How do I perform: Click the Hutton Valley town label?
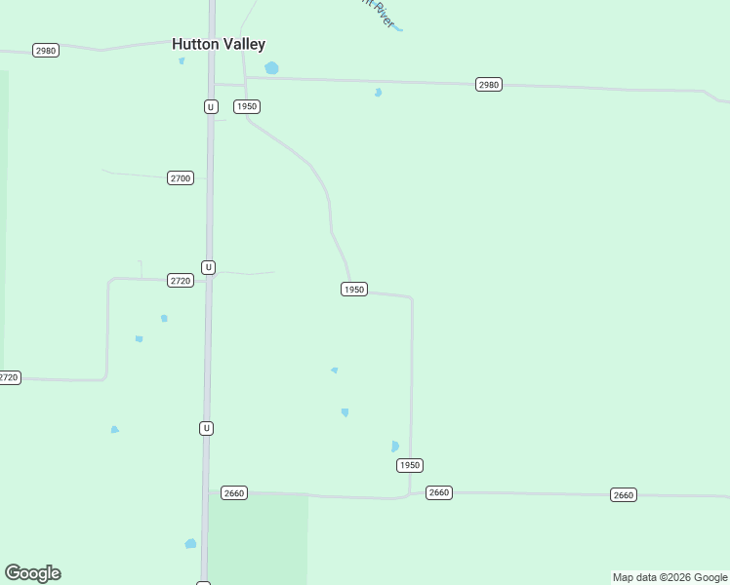(x=219, y=44)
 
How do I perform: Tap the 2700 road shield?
(x=181, y=178)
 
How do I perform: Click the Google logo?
(x=32, y=573)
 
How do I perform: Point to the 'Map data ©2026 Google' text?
(x=669, y=577)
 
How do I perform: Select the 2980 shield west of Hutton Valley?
(x=45, y=50)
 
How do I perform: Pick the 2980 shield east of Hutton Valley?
(x=489, y=85)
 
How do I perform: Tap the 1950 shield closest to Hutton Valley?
(x=247, y=106)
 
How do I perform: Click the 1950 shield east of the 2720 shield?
(x=354, y=290)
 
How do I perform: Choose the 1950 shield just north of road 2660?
(x=410, y=465)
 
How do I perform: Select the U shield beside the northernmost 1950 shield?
(x=211, y=106)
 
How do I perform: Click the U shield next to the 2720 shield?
(x=208, y=267)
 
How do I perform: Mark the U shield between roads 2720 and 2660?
(x=206, y=428)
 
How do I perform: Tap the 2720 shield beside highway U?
(x=181, y=281)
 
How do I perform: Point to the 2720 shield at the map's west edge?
(x=8, y=377)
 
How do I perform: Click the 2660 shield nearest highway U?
(x=234, y=493)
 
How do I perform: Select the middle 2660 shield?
(x=439, y=492)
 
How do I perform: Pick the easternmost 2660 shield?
(x=623, y=495)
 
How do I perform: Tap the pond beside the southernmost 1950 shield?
(x=395, y=447)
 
